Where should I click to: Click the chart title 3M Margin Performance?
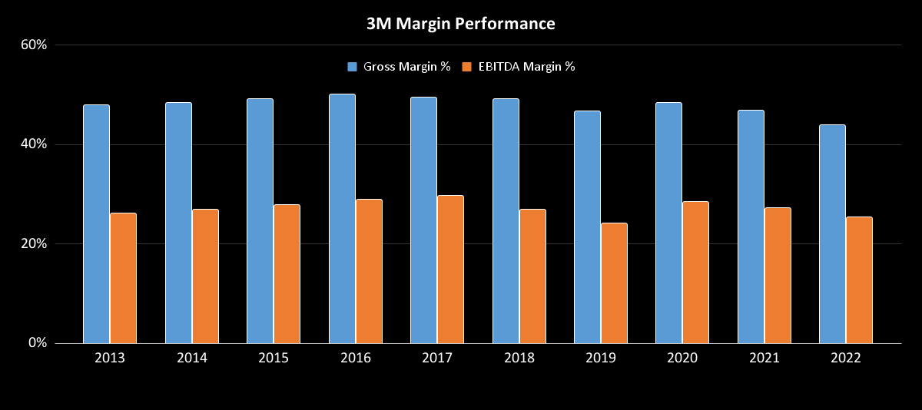point(461,24)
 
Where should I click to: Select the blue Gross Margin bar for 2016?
point(342,219)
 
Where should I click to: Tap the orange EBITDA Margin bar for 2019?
point(614,283)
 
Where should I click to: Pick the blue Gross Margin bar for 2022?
point(832,234)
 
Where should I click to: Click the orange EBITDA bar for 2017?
point(450,269)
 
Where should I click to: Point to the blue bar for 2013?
point(96,224)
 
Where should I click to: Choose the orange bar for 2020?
point(695,273)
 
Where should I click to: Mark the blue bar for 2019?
point(587,227)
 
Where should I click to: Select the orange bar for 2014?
point(205,276)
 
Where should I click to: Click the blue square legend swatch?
point(353,67)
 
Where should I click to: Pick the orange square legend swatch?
point(466,67)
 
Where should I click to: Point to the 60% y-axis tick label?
point(34,45)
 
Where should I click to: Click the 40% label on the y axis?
point(34,144)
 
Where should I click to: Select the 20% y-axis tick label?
point(34,244)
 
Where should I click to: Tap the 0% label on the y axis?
point(37,343)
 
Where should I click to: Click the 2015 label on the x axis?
point(274,359)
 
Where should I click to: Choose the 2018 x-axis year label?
point(519,359)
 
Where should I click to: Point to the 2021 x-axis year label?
point(764,359)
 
